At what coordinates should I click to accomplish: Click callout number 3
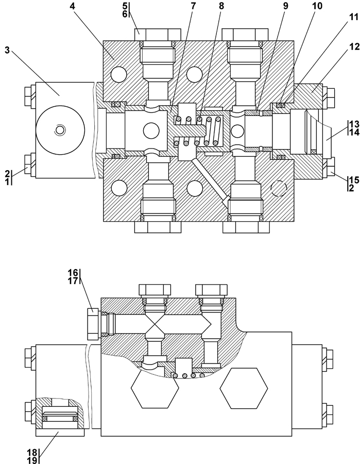coord(7,50)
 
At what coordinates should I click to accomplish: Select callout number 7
coord(193,7)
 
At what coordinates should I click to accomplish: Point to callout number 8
coord(221,7)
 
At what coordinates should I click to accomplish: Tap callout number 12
coord(352,46)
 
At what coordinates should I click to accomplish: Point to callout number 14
coord(353,132)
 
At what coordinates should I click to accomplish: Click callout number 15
coord(354,180)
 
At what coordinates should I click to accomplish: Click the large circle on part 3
coord(60,130)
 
